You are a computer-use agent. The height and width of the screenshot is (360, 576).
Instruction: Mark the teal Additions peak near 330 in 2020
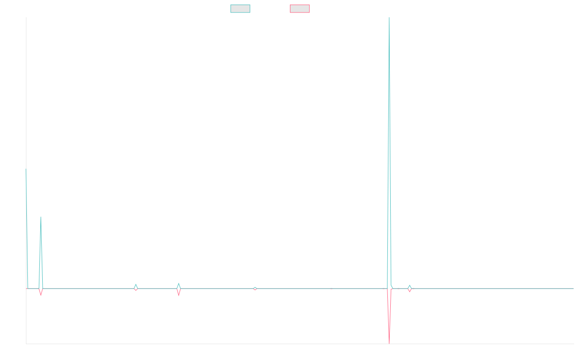(41, 217)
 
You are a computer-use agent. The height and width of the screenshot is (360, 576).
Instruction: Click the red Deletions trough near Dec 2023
(389, 342)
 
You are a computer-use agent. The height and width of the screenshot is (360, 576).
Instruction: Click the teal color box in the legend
(240, 9)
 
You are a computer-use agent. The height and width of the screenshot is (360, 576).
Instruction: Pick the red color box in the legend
(300, 9)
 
